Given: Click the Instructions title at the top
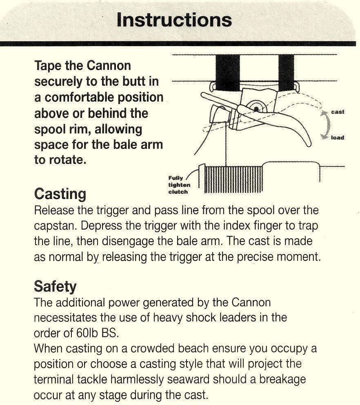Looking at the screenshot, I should pyautogui.click(x=174, y=20).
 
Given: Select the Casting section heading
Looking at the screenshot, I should pyautogui.click(x=60, y=193).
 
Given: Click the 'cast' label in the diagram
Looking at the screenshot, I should pyautogui.click(x=338, y=112).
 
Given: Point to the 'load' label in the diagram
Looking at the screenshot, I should pyautogui.click(x=337, y=137).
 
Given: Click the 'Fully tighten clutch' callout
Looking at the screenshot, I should pyautogui.click(x=179, y=185).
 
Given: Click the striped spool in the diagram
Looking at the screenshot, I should pyautogui.click(x=233, y=179).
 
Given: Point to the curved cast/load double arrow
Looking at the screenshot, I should pyautogui.click(x=325, y=124).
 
